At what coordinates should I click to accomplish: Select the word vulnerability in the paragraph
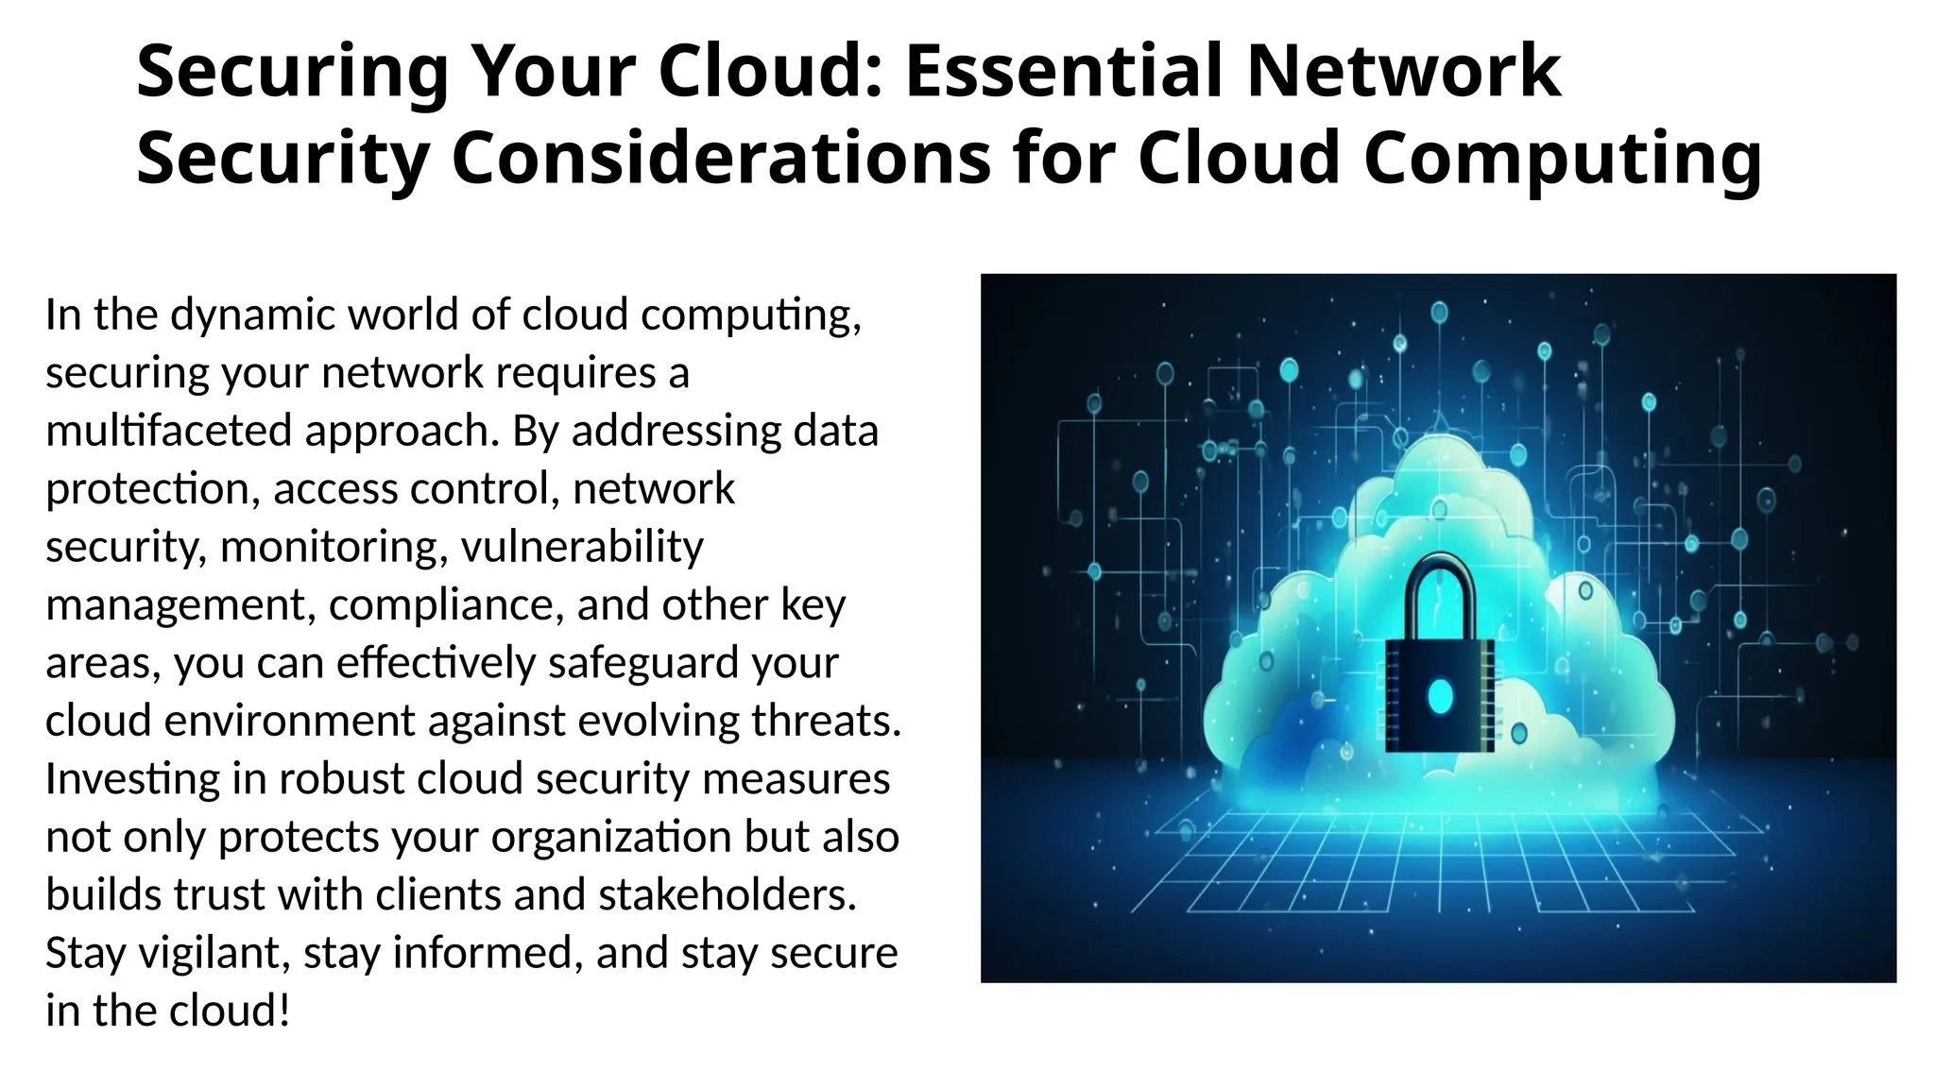point(582,547)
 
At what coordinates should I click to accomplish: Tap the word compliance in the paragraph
point(445,605)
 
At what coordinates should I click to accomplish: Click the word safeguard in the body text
point(644,663)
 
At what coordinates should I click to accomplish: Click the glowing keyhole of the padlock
point(1440,696)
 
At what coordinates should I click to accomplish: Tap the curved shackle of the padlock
point(1439,590)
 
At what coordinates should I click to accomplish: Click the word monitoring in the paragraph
point(334,547)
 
